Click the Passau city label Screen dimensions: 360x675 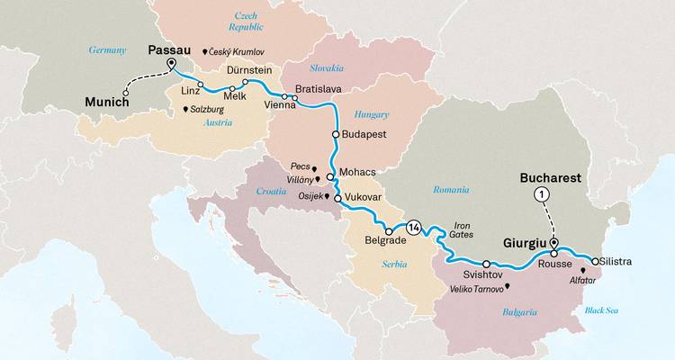(172, 51)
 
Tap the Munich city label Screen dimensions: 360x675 (109, 103)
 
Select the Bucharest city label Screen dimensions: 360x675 (550, 178)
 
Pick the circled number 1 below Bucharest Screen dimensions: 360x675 (541, 194)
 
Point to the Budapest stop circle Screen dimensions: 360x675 (336, 134)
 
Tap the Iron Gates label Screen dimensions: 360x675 (462, 229)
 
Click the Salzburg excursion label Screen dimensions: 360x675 (206, 110)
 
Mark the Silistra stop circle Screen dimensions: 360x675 (594, 261)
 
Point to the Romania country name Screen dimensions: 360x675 (449, 190)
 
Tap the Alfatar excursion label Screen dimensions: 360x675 (583, 280)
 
